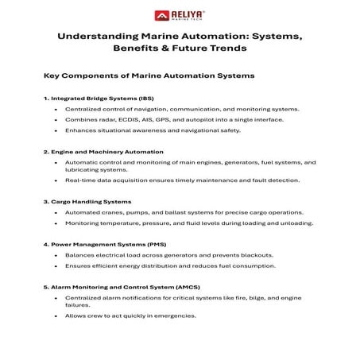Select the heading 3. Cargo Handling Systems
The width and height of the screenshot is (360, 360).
pyautogui.click(x=87, y=202)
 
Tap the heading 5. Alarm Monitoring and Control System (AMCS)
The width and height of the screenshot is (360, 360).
pyautogui.click(x=118, y=285)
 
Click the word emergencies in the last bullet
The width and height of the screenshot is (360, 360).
pyautogui.click(x=175, y=315)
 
